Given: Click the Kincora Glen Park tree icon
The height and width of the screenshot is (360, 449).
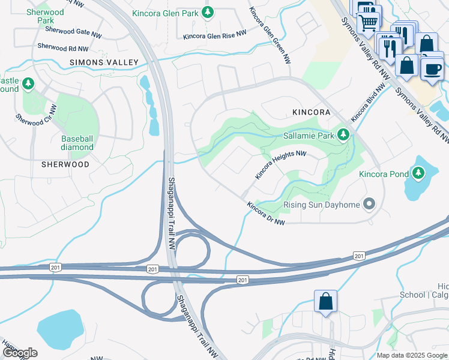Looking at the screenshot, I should tap(208, 12).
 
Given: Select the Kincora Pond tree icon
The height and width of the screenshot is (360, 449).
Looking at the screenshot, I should tap(418, 175).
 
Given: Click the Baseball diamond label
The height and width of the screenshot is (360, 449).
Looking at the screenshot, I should tap(77, 143).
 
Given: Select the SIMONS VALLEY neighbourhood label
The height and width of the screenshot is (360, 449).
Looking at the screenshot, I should tap(104, 62).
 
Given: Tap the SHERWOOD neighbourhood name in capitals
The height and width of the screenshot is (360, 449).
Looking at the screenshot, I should tap(65, 164).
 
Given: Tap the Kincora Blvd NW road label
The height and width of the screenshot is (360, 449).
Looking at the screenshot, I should tap(367, 104).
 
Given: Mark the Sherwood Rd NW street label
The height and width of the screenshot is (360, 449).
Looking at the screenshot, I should tap(62, 46).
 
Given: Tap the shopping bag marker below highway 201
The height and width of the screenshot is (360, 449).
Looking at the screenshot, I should tap(325, 302).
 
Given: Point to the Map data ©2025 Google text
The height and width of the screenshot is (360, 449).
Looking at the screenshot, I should tap(411, 355).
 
